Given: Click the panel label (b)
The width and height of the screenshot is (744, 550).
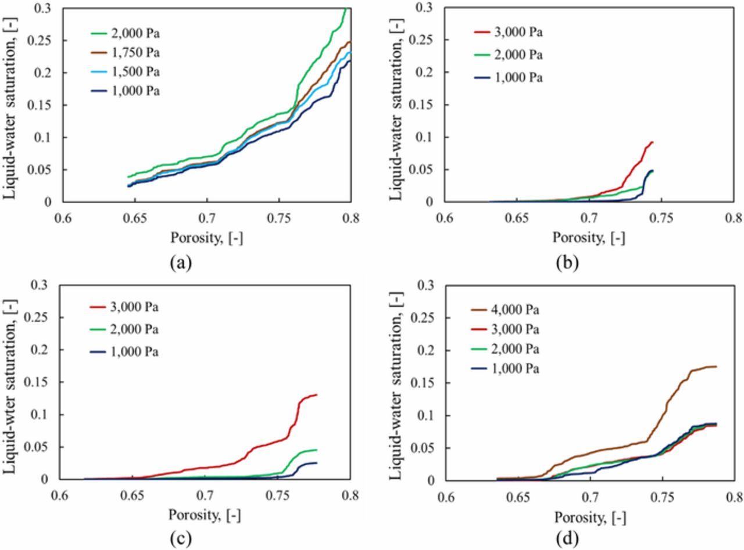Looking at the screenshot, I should pyautogui.click(x=567, y=263).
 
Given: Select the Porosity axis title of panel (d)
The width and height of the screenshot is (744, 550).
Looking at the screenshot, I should pyautogui.click(x=589, y=517).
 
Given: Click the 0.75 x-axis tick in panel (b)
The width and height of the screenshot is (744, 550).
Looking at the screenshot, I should pyautogui.click(x=661, y=220).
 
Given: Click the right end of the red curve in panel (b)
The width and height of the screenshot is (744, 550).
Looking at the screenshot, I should pyautogui.click(x=653, y=142).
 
